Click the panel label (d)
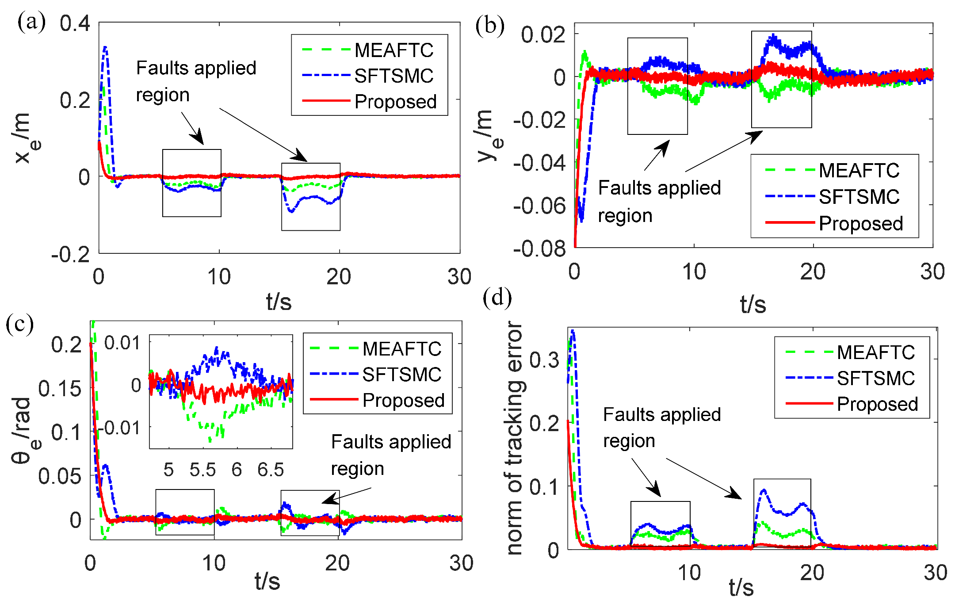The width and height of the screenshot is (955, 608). pyautogui.click(x=497, y=298)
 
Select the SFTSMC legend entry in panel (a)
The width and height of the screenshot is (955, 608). pyautogui.click(x=393, y=76)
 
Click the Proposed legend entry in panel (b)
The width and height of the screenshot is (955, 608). pyautogui.click(x=860, y=224)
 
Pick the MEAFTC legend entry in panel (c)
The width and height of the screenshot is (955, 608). pyautogui.click(x=401, y=349)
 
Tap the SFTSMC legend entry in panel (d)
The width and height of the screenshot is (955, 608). pyautogui.click(x=875, y=379)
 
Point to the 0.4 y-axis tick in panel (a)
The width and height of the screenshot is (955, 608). pyautogui.click(x=75, y=23)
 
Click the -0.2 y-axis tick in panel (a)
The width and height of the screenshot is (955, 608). pyautogui.click(x=71, y=255)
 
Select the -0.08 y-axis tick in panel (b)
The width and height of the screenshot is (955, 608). pyautogui.click(x=539, y=249)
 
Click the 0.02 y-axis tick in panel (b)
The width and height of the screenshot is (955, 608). pyautogui.click(x=543, y=34)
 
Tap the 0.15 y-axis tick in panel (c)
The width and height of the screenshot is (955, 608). pyautogui.click(x=60, y=389)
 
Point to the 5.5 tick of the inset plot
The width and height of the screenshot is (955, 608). pyautogui.click(x=202, y=470)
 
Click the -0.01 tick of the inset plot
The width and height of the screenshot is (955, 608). pyautogui.click(x=118, y=428)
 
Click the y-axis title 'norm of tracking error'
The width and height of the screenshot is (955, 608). pyautogui.click(x=515, y=438)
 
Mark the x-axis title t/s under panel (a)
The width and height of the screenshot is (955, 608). pyautogui.click(x=279, y=302)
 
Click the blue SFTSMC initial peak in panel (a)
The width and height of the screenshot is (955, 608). pyautogui.click(x=105, y=47)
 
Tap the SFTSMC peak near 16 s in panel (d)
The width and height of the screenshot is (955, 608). pyautogui.click(x=764, y=490)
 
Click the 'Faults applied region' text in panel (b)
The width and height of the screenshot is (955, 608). pyautogui.click(x=659, y=202)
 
